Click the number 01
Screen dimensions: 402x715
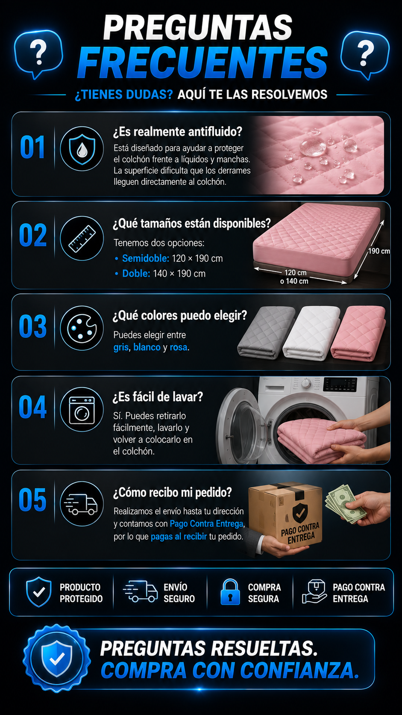[32, 147]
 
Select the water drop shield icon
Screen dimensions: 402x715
[82, 149]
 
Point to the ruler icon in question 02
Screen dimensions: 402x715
[82, 239]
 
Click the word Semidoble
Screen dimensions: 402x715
[146, 258]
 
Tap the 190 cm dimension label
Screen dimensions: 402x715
[379, 251]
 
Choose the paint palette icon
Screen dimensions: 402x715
[82, 328]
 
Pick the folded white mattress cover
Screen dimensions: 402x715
[312, 333]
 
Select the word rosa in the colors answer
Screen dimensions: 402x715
[179, 347]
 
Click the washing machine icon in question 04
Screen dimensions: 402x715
[82, 410]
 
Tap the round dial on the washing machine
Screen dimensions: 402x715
[306, 383]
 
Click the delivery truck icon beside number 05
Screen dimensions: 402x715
[81, 504]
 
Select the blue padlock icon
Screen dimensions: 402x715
[230, 592]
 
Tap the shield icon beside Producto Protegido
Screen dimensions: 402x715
[39, 592]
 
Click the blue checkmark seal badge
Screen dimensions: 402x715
[57, 658]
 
